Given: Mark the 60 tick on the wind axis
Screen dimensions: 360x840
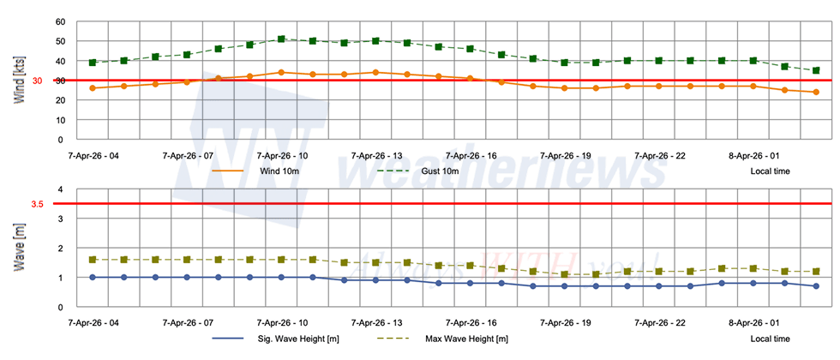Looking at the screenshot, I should pyautogui.click(x=59, y=21).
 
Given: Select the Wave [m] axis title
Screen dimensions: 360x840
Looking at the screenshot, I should pyautogui.click(x=19, y=249).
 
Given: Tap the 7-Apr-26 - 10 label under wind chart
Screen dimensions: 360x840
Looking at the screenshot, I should pyautogui.click(x=281, y=156).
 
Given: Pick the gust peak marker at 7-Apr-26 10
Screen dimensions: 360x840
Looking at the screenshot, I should pyautogui.click(x=281, y=39).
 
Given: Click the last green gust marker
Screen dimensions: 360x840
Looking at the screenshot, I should pyautogui.click(x=816, y=70).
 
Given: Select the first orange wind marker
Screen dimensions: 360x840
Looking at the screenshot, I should pyautogui.click(x=93, y=88).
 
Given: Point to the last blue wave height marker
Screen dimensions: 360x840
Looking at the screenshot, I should pyautogui.click(x=816, y=286).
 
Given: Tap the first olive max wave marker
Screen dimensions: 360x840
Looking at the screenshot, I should pyautogui.click(x=93, y=260).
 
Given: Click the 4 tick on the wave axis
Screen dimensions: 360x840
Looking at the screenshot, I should pyautogui.click(x=59, y=189).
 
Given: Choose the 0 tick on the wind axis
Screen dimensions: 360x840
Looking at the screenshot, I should pyautogui.click(x=59, y=140).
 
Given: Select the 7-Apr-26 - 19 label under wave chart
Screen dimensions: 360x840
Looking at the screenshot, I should pyautogui.click(x=564, y=324).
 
